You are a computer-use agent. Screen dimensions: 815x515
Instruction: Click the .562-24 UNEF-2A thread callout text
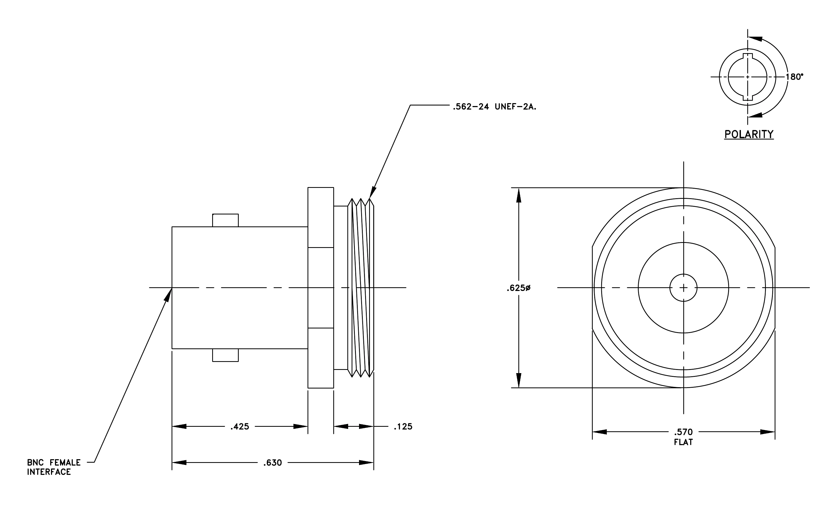point(494,107)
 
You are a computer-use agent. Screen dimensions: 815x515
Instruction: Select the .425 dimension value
point(240,427)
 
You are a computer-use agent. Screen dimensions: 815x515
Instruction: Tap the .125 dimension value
point(403,427)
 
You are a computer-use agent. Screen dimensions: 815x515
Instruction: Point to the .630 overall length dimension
point(272,463)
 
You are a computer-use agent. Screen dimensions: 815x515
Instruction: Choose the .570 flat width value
point(683,432)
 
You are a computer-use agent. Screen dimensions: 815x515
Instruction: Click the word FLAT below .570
point(683,442)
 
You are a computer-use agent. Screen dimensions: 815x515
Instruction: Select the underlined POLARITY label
point(749,134)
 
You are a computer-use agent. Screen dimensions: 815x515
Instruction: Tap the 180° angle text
point(794,77)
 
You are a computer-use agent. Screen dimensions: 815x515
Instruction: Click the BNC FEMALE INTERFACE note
point(54,467)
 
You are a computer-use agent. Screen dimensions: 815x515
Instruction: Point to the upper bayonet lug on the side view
point(225,220)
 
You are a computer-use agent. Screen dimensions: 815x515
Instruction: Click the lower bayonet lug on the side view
point(225,355)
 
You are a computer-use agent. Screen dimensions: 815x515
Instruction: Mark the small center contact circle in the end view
point(683,288)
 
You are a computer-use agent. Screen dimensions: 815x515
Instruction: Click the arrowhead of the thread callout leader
point(373,192)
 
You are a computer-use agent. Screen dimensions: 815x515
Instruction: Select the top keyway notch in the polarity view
point(748,56)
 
